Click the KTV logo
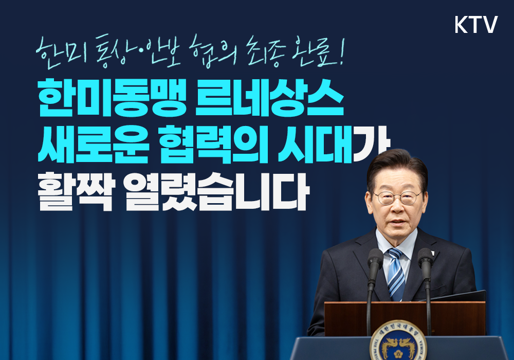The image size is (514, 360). (476, 24)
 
